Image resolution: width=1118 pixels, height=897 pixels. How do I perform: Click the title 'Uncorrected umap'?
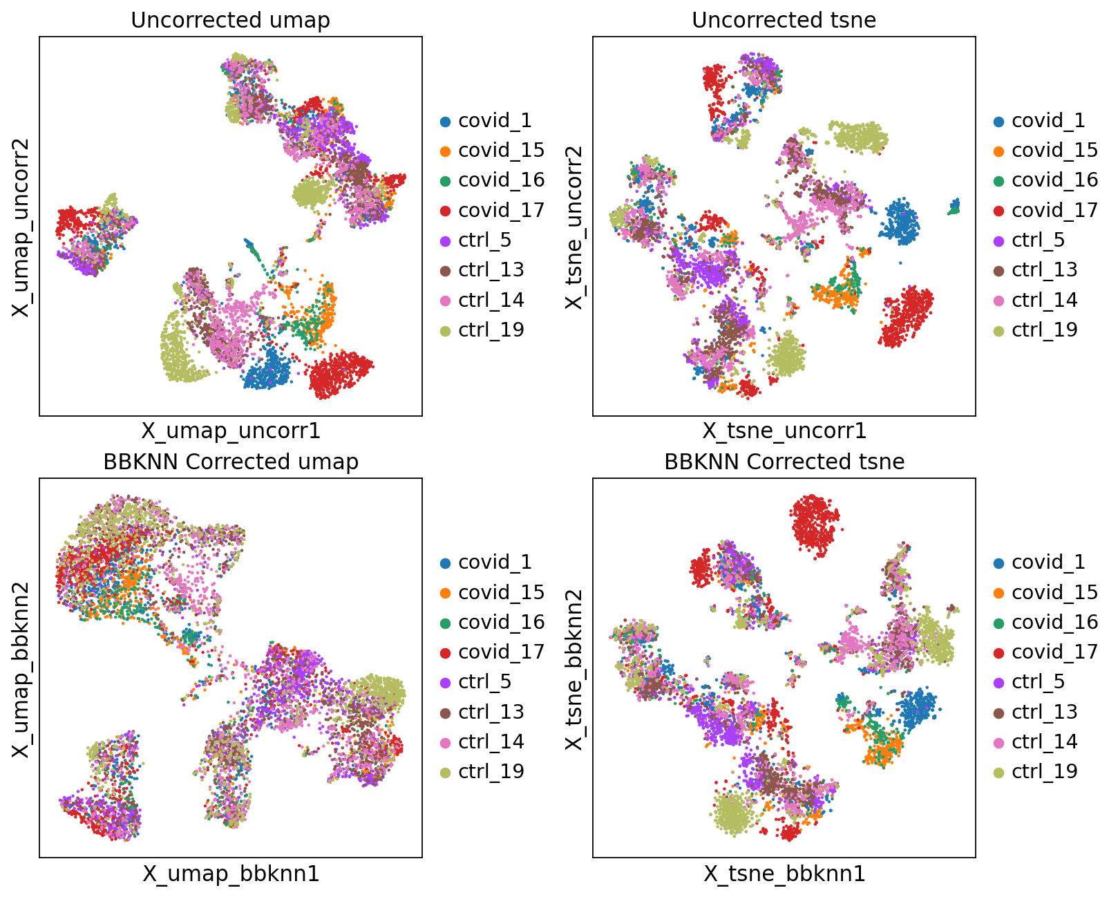pyautogui.click(x=230, y=20)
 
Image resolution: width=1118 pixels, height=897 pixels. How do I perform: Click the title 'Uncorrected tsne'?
pyautogui.click(x=784, y=20)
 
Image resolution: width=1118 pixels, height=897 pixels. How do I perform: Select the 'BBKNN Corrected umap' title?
pyautogui.click(x=230, y=462)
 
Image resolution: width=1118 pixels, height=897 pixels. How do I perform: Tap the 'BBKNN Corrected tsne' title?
pyautogui.click(x=784, y=462)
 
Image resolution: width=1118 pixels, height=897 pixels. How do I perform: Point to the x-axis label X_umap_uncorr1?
pyautogui.click(x=231, y=431)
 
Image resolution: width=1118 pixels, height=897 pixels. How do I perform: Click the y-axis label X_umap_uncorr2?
pyautogui.click(x=21, y=227)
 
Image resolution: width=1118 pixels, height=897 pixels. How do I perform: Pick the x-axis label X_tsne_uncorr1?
pyautogui.click(x=784, y=431)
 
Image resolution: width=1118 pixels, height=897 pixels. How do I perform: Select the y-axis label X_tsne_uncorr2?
pyautogui.click(x=575, y=227)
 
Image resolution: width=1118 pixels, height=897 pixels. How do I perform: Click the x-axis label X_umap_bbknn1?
pyautogui.click(x=231, y=874)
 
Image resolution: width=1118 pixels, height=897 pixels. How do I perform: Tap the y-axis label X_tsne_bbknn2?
pyautogui.click(x=575, y=668)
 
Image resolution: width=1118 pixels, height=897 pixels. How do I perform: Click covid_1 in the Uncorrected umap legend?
pyautogui.click(x=495, y=121)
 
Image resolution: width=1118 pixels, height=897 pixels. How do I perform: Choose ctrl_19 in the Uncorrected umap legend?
pyautogui.click(x=491, y=330)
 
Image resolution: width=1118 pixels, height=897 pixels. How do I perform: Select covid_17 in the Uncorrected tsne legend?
pyautogui.click(x=1054, y=210)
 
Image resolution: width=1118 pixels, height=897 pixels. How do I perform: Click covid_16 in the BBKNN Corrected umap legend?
pyautogui.click(x=501, y=622)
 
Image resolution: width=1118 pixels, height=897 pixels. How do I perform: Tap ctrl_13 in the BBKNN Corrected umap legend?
pyautogui.click(x=491, y=712)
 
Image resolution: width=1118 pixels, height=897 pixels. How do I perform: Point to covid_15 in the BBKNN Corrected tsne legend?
pyautogui.click(x=1054, y=592)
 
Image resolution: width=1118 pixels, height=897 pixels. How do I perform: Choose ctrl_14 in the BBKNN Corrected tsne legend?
pyautogui.click(x=1044, y=742)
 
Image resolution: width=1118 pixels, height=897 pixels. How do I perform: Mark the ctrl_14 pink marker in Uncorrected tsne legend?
pyautogui.click(x=999, y=301)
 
